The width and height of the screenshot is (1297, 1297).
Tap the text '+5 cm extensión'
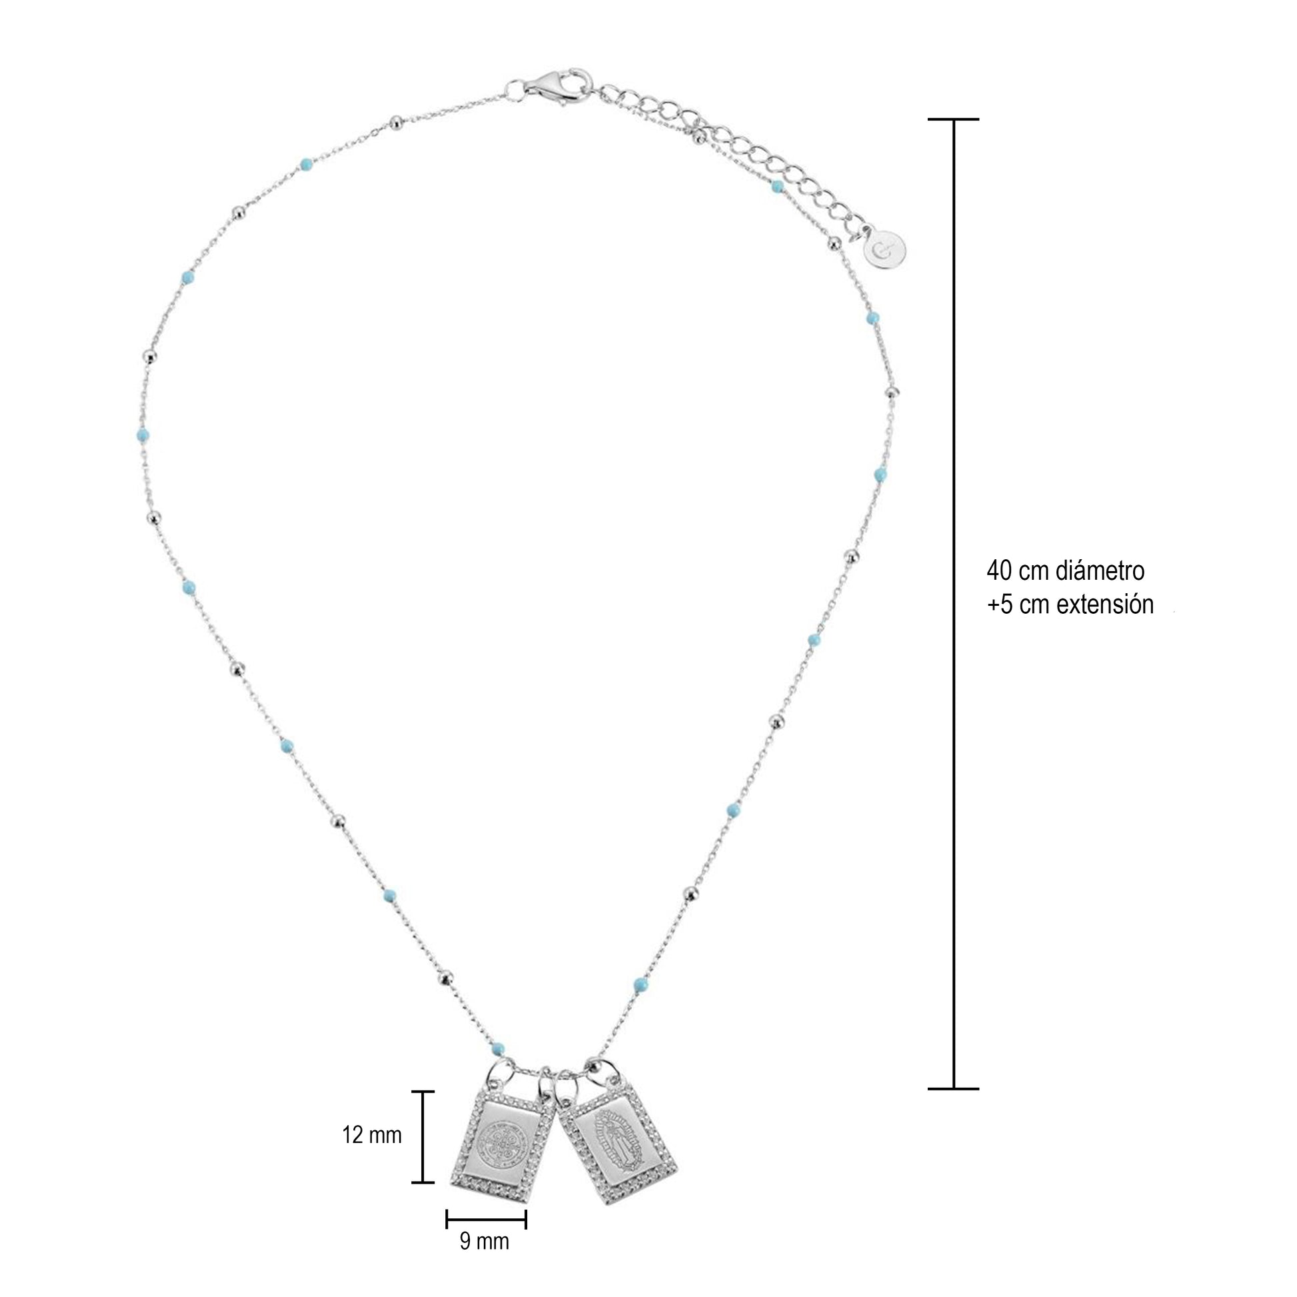[x=1070, y=605]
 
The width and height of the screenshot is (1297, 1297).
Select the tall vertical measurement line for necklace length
[x=953, y=613]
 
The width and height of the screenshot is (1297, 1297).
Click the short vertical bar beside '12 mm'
[x=423, y=1136]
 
